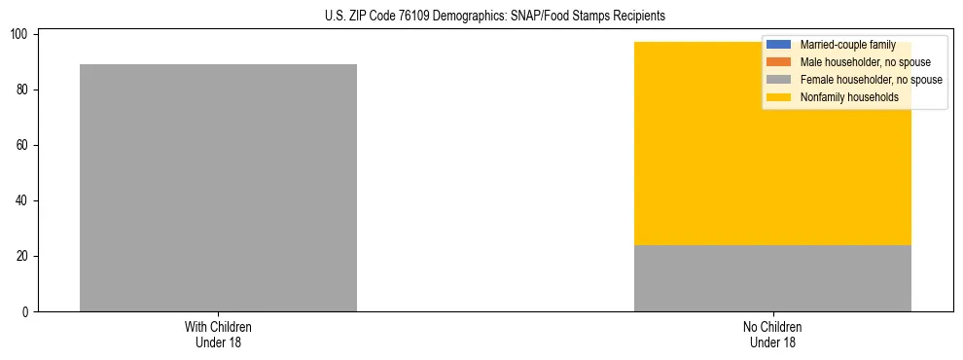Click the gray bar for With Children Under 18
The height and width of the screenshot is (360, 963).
218,188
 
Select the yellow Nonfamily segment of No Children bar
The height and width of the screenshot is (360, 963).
772,175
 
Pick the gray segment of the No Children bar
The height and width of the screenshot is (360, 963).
772,278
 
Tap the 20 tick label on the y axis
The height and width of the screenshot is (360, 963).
24,257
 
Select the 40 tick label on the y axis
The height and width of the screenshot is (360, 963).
24,201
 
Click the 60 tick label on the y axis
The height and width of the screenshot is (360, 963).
24,146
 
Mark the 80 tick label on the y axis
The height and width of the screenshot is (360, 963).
24,90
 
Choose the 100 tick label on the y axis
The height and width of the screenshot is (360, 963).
21,35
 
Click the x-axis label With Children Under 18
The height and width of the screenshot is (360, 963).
218,334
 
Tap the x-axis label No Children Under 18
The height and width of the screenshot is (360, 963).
772,334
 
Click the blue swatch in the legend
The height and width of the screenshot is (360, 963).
779,45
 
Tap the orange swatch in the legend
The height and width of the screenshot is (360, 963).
779,62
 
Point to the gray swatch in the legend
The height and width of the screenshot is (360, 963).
779,80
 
